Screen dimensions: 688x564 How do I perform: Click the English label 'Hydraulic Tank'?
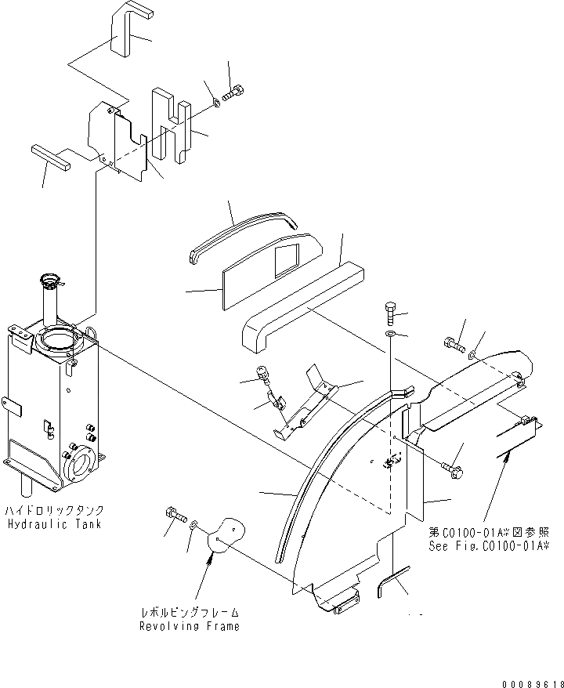[53, 524]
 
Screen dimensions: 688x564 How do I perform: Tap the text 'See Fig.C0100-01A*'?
[488, 546]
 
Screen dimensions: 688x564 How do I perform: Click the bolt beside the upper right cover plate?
[454, 343]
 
